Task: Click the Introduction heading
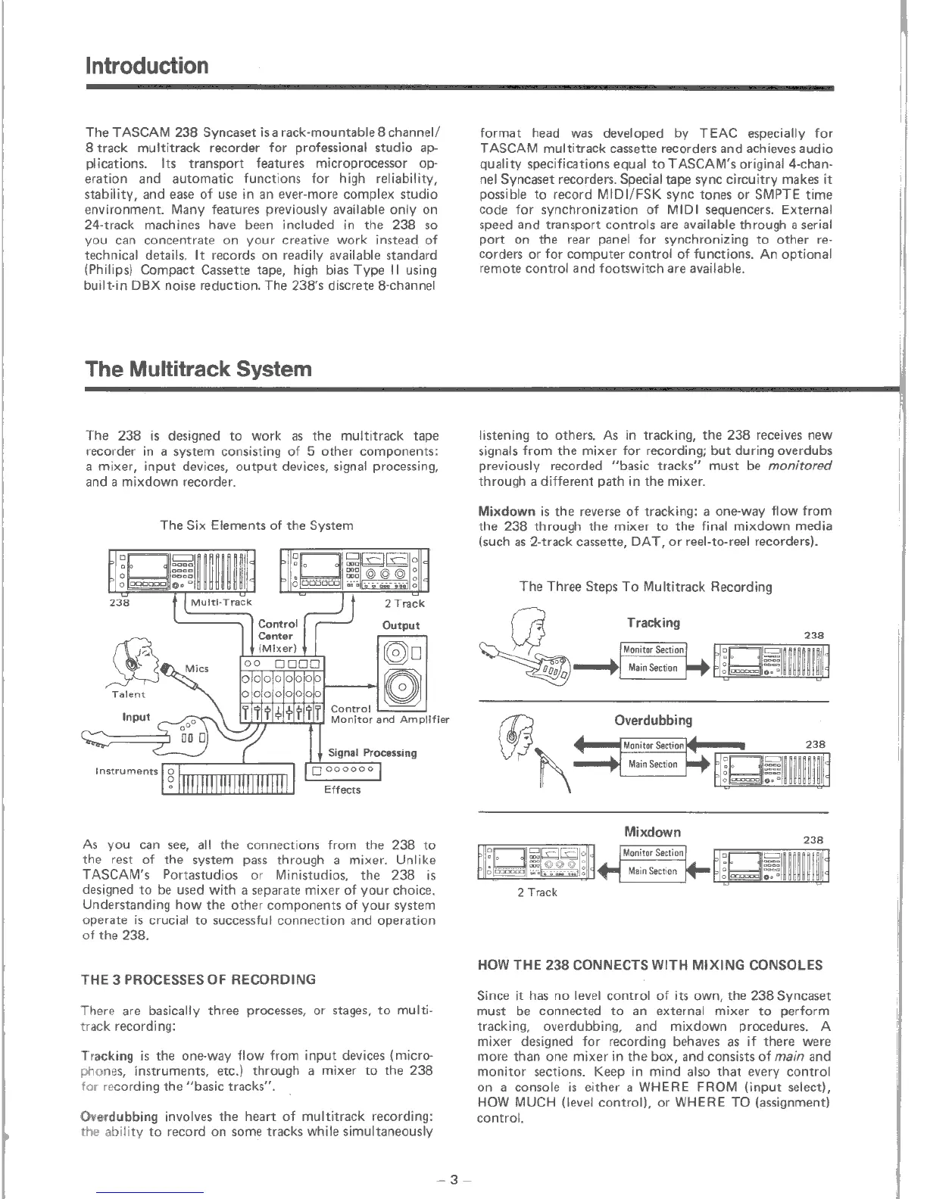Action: coord(147,66)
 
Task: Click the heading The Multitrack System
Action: coord(198,369)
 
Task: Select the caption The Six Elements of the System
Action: coord(257,525)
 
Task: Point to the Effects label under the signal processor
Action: coord(342,790)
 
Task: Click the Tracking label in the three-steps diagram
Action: coord(653,623)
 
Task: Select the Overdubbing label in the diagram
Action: coord(653,720)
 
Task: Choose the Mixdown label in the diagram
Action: coord(652,832)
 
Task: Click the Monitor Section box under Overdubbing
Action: coord(653,746)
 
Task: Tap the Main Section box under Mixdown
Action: coord(653,871)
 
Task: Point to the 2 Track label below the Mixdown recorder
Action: coord(537,892)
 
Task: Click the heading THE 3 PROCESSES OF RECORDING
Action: coord(198,979)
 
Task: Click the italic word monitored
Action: coord(800,466)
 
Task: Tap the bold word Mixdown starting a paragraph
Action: coord(507,511)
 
